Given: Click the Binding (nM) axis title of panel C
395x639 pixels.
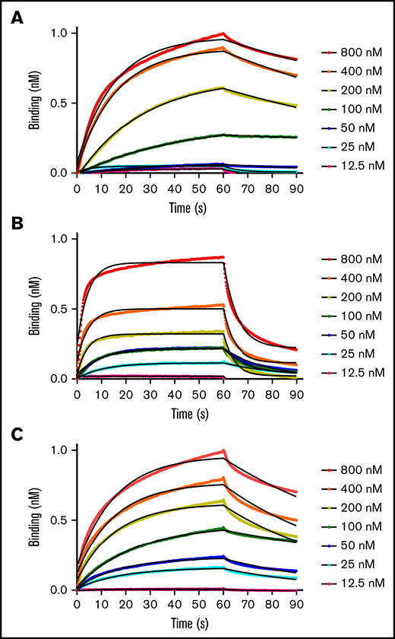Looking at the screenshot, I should click(36, 519).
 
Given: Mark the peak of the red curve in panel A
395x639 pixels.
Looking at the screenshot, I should click(223, 33).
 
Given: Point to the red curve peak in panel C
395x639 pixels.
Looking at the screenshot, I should click(223, 450).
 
